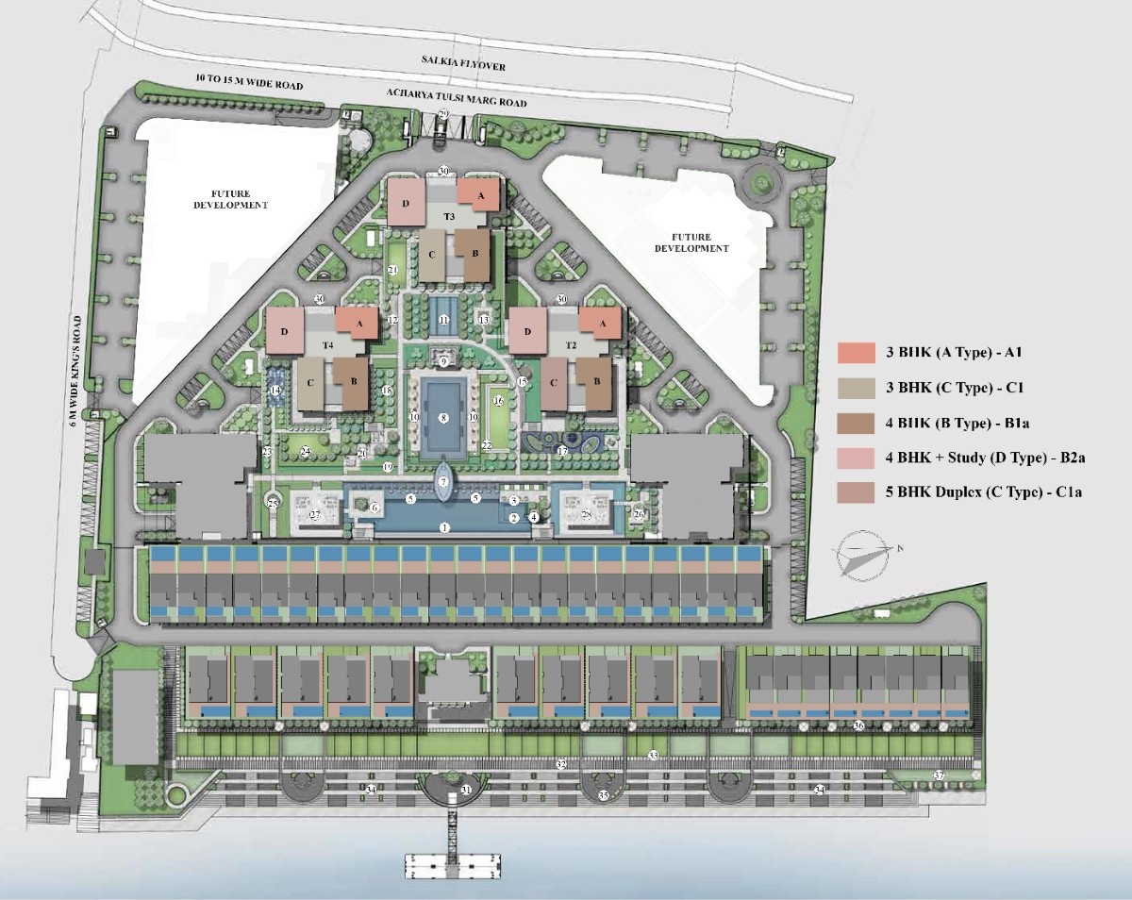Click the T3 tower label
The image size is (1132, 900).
point(450,218)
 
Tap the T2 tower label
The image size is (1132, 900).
point(571,345)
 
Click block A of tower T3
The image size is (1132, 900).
point(480,194)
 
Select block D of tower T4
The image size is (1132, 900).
point(284,331)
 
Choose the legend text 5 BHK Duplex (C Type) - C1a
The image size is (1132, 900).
point(975,517)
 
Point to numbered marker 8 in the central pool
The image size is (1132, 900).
point(442,417)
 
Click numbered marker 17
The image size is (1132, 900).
point(562,451)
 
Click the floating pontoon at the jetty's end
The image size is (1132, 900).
point(452,861)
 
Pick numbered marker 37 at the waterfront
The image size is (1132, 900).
point(939,775)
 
